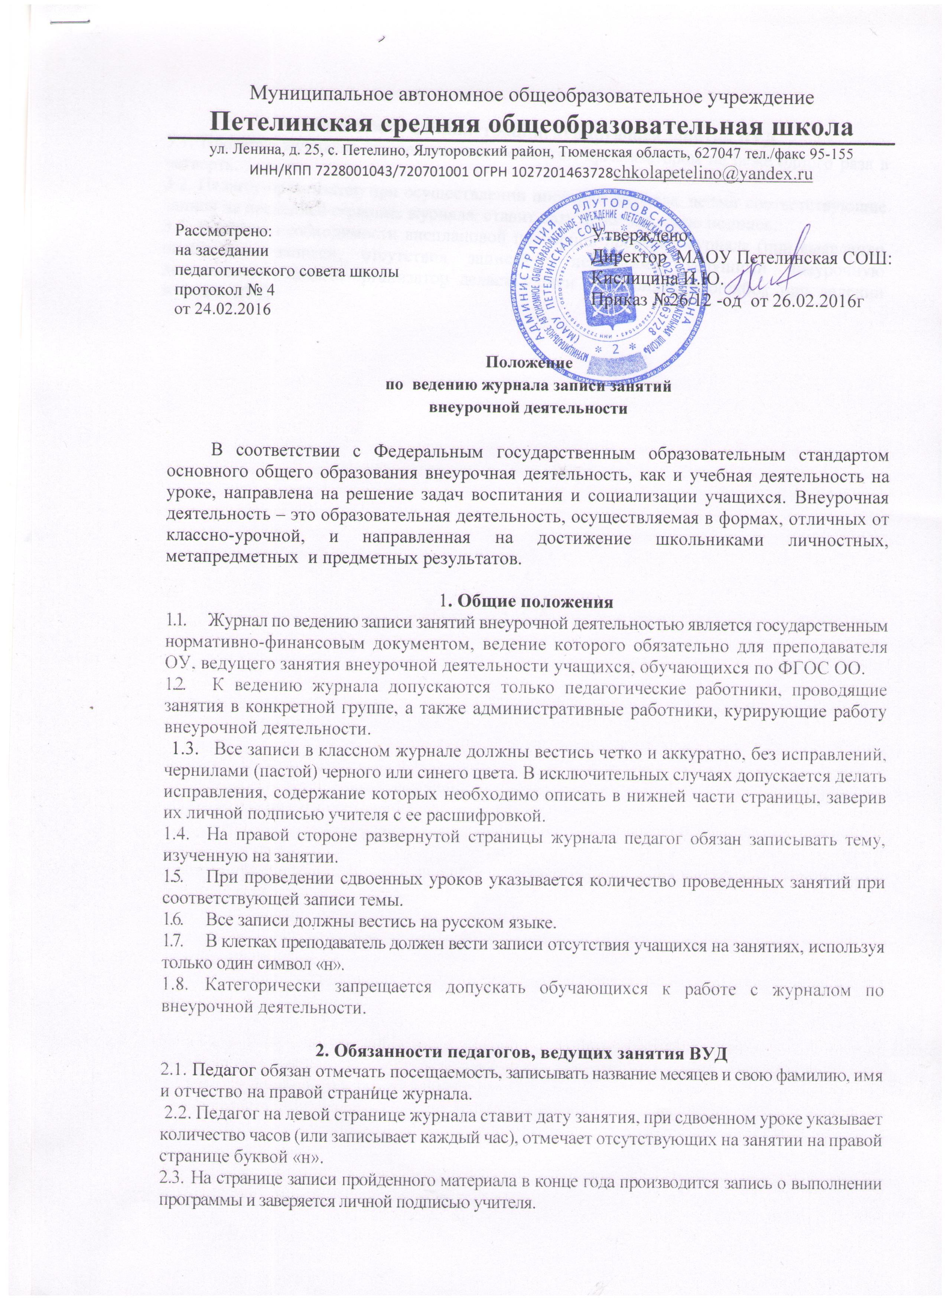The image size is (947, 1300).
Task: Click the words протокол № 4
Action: pyautogui.click(x=224, y=288)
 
